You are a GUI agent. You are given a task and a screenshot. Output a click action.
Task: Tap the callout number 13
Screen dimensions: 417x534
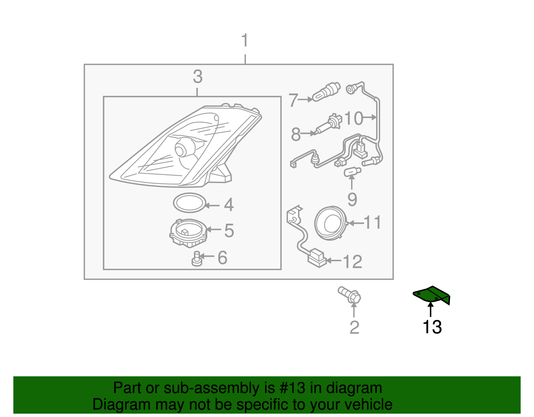(432, 327)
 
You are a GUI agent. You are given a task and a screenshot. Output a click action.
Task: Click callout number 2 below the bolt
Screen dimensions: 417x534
(354, 328)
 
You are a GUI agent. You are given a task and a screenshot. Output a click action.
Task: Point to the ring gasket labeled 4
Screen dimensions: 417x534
(189, 203)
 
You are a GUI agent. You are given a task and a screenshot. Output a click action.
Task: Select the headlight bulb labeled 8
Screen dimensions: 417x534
(329, 125)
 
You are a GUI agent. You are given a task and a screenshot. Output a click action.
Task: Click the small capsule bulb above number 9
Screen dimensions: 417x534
(352, 172)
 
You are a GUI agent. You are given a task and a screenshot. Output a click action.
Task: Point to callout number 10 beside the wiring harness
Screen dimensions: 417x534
(353, 119)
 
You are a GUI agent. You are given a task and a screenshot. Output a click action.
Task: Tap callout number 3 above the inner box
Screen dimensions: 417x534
(198, 77)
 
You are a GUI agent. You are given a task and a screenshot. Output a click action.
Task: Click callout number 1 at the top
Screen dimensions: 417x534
(245, 40)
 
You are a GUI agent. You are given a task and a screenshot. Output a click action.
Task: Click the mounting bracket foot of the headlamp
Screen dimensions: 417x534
(220, 173)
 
